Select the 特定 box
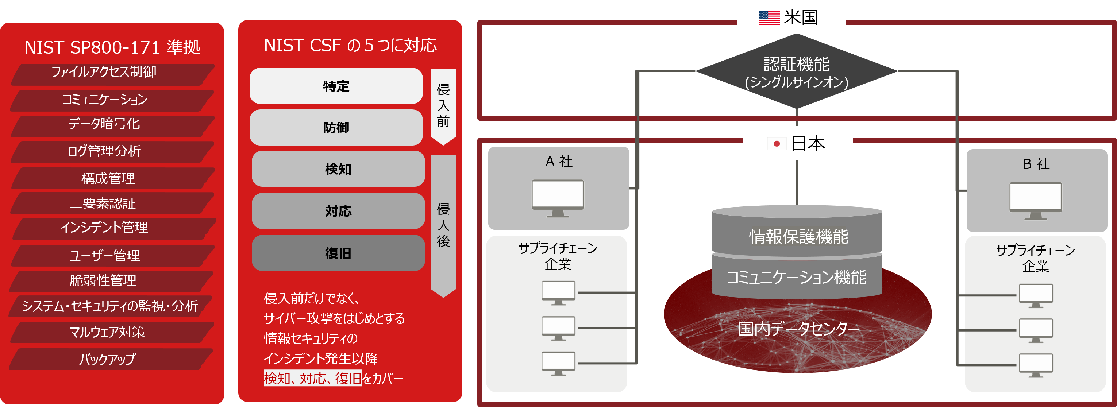336,86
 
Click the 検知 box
338,168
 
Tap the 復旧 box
338,253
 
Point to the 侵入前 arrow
443,106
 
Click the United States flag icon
769,18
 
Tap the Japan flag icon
777,143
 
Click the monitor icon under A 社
558,198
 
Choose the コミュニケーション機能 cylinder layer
797,276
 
